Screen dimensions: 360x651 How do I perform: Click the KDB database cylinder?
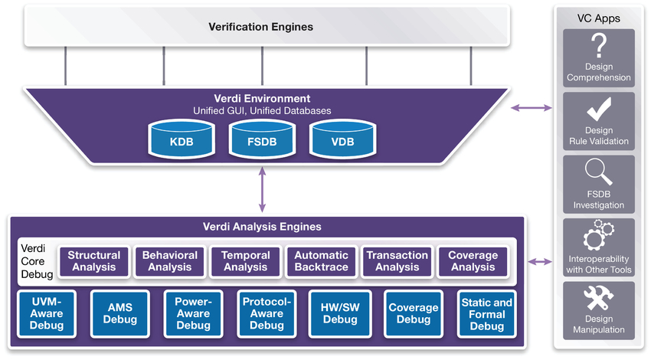pos(181,141)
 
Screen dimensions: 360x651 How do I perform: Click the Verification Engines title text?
pos(261,27)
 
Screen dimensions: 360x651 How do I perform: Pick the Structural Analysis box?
pos(94,261)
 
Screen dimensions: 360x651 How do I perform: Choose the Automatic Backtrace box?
pos(322,261)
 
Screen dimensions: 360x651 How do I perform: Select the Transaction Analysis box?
pos(397,261)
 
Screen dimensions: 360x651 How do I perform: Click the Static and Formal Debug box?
pos(486,314)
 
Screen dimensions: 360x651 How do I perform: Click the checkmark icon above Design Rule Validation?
pos(598,110)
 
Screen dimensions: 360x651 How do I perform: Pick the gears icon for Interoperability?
pos(598,236)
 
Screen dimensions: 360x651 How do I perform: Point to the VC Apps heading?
pos(598,17)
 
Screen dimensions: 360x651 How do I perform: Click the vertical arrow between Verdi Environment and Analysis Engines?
pos(263,191)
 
